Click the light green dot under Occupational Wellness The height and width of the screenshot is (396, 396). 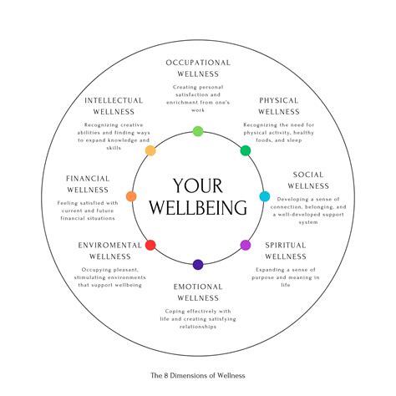[x=198, y=131]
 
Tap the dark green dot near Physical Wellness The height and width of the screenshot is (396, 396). [x=246, y=150]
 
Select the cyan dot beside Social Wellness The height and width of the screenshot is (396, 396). [x=265, y=197]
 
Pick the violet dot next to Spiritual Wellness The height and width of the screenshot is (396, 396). [x=246, y=245]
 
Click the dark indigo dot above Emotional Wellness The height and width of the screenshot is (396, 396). [x=198, y=265]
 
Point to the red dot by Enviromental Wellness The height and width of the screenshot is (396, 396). [x=150, y=245]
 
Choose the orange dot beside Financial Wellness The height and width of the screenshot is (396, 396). [x=131, y=197]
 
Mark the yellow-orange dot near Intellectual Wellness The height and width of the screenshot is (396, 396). [x=150, y=151]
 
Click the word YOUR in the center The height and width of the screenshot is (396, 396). [x=198, y=185]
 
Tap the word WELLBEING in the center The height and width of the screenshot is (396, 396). [x=198, y=208]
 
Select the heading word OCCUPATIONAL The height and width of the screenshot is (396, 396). [x=198, y=62]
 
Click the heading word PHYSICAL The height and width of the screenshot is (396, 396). [x=279, y=100]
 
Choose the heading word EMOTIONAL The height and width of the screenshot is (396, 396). [x=198, y=287]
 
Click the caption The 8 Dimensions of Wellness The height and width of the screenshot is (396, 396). [x=198, y=375]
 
